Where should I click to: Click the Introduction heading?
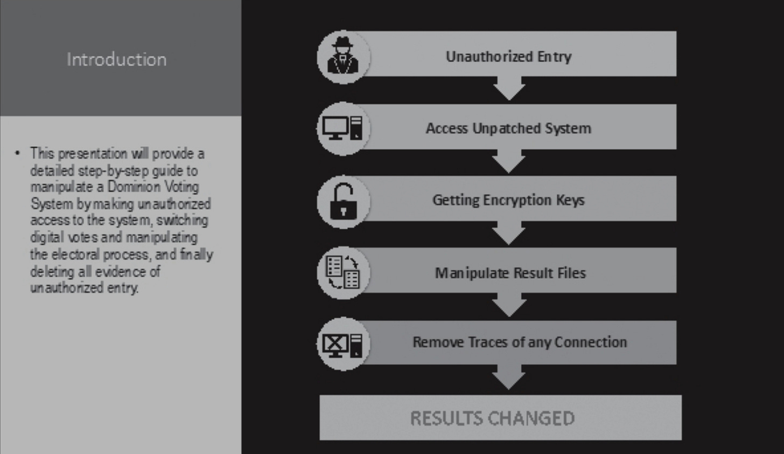coord(117,59)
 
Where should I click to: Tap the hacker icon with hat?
coord(344,56)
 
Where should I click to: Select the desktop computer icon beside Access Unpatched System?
coord(343,128)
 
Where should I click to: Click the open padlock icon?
coord(343,201)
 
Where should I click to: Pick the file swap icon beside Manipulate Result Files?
coord(343,272)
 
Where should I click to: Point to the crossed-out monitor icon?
coord(343,343)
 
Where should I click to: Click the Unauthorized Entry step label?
coord(508,56)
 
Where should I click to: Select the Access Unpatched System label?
coord(508,128)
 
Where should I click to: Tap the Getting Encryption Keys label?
coord(508,200)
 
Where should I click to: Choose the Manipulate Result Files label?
coord(510,273)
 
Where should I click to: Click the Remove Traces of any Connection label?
coord(520,342)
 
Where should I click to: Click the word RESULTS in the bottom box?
coord(446,418)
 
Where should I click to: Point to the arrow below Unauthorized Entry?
coord(509,88)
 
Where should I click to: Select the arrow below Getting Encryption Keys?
coord(509,233)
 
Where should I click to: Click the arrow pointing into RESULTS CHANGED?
coord(509,377)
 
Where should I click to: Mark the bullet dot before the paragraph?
coord(18,154)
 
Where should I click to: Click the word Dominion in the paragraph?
coord(130,187)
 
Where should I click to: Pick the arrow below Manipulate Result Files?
coord(509,306)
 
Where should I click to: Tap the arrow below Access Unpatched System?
coord(509,161)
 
